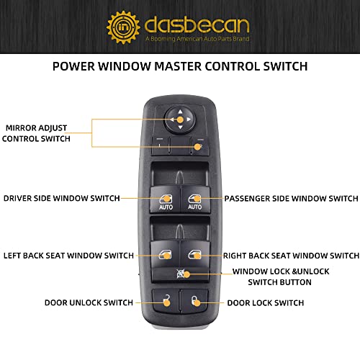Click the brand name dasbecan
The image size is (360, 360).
click(195, 23)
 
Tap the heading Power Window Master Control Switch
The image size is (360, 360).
click(180, 66)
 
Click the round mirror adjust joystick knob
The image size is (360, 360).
click(179, 118)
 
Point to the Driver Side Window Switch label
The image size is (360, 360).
click(61, 198)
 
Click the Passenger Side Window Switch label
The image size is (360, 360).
click(291, 198)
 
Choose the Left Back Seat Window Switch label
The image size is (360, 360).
click(68, 256)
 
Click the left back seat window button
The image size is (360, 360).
click(165, 254)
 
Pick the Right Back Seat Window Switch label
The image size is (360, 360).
click(291, 256)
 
